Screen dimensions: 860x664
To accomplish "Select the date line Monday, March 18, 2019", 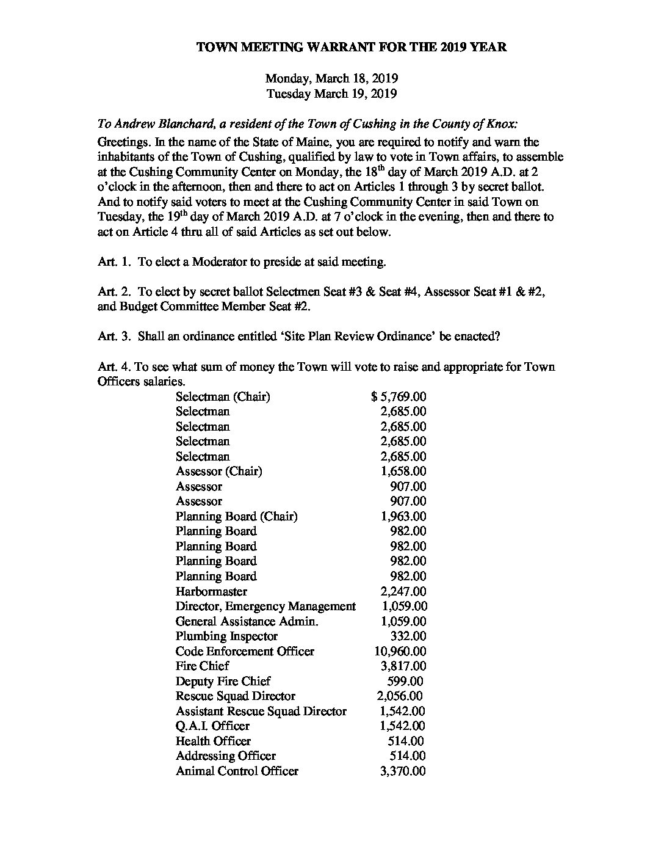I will (x=331, y=79).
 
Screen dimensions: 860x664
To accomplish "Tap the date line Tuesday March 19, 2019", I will (x=331, y=94).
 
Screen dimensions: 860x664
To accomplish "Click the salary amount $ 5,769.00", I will (x=399, y=397).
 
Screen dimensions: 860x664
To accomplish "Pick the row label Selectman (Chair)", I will (x=223, y=397).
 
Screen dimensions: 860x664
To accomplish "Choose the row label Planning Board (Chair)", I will (x=236, y=517).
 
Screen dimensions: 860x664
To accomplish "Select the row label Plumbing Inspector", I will (x=226, y=636).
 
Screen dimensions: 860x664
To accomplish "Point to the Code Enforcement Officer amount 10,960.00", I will (x=400, y=652).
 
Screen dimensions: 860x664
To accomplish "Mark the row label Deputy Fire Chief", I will (x=223, y=682).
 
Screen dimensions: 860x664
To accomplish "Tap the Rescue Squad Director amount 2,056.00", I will (x=399, y=696).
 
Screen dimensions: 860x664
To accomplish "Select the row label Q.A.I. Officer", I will (x=212, y=726).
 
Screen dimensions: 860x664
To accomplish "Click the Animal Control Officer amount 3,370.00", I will (x=403, y=771).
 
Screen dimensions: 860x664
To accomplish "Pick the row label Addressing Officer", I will (x=225, y=756).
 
